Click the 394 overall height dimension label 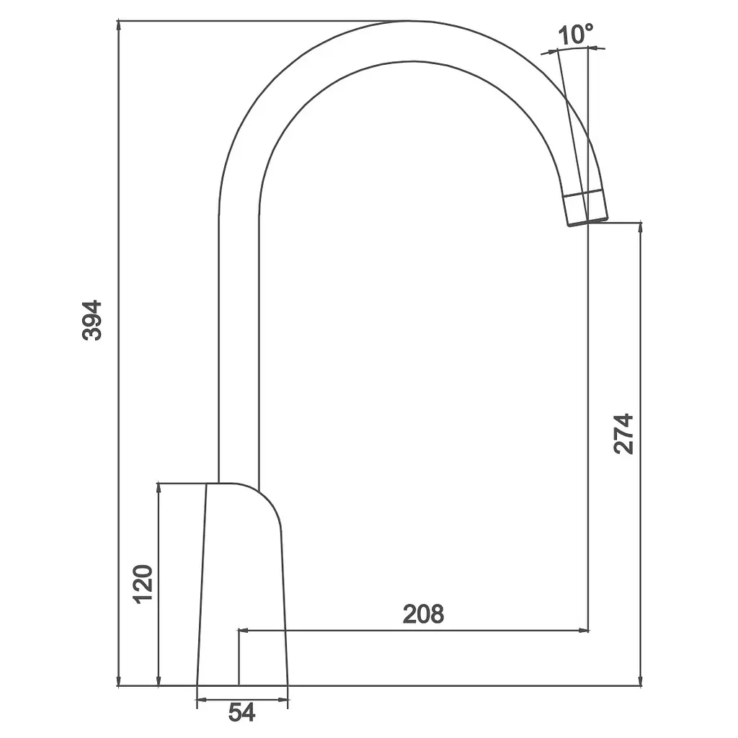point(92,320)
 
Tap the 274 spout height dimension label point(623,434)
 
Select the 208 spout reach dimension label point(423,614)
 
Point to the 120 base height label point(143,584)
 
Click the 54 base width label point(241,713)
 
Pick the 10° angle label point(575,35)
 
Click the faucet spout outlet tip point(588,222)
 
